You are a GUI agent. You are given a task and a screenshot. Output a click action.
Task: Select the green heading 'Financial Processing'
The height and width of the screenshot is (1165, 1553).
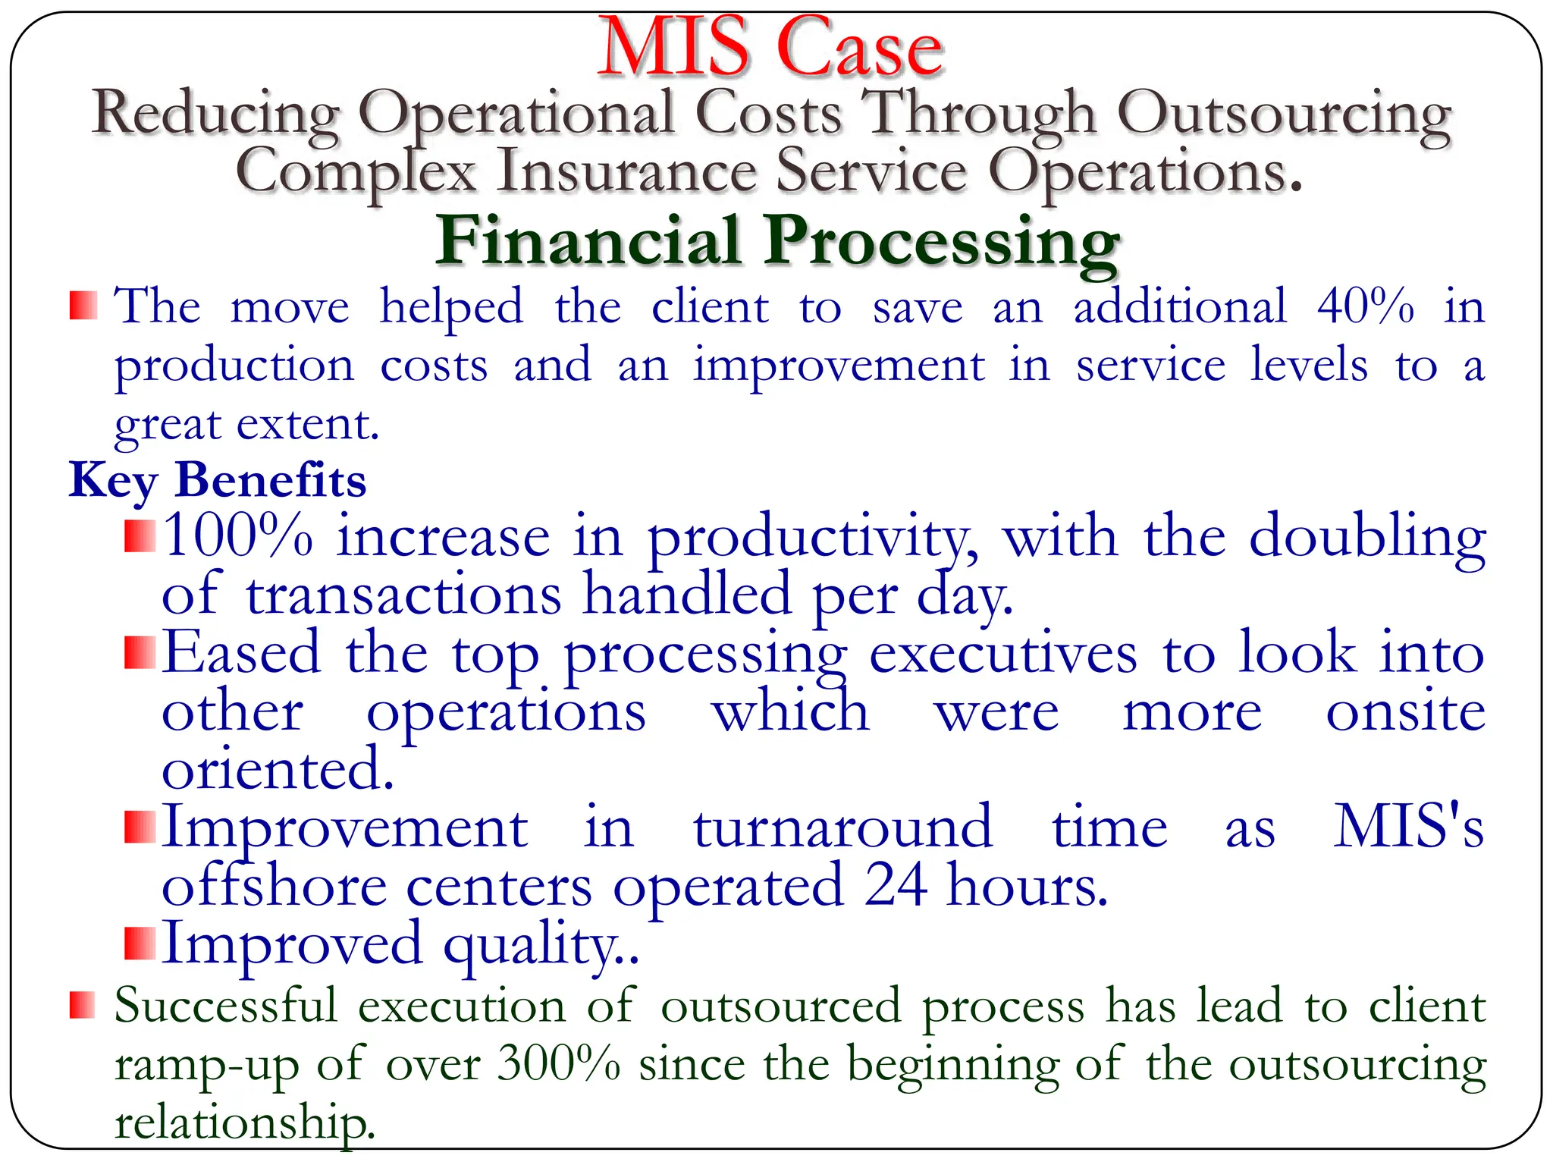(777, 241)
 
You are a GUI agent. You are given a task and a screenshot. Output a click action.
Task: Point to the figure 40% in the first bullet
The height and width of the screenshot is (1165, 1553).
(1365, 306)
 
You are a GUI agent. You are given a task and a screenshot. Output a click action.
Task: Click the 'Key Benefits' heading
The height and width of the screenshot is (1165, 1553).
(218, 481)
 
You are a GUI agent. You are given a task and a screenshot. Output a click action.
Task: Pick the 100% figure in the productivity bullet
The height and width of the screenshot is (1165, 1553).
(238, 535)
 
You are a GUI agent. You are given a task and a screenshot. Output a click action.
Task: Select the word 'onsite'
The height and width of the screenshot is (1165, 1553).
(1405, 712)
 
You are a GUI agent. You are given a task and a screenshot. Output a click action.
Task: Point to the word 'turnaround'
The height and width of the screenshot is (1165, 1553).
(842, 827)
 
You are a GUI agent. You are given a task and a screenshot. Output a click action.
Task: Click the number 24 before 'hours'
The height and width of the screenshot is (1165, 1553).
(896, 884)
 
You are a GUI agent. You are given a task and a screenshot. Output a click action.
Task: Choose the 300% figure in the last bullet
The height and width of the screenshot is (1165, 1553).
(559, 1063)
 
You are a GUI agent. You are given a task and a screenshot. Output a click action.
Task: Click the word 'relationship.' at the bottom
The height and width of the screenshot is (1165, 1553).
(245, 1123)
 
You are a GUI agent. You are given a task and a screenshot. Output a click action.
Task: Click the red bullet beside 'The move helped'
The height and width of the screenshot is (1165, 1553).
(83, 306)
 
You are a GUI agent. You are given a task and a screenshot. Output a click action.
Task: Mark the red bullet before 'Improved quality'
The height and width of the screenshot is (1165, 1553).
(140, 943)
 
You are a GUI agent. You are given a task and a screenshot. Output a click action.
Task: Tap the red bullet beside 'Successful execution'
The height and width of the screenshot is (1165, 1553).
(82, 1005)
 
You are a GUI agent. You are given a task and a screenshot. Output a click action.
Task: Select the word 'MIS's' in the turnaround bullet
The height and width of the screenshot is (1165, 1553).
(1408, 826)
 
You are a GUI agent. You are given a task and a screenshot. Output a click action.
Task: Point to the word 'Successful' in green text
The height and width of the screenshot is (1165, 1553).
(225, 1006)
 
